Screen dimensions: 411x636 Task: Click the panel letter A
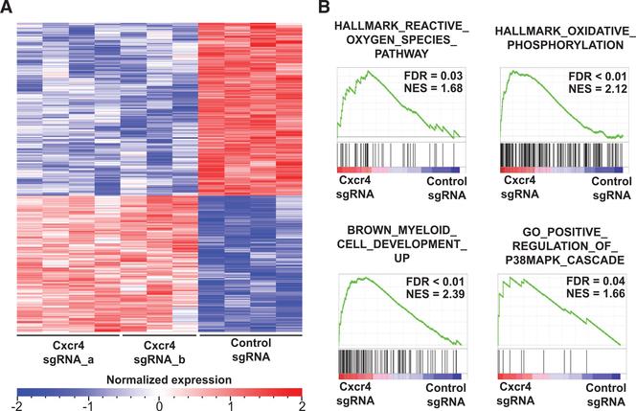coord(9,9)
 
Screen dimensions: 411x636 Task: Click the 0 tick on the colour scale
coord(160,404)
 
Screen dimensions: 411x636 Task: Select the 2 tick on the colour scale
coord(300,404)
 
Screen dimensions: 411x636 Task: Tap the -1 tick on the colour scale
coord(88,404)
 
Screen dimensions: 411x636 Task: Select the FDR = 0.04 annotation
coord(596,280)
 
